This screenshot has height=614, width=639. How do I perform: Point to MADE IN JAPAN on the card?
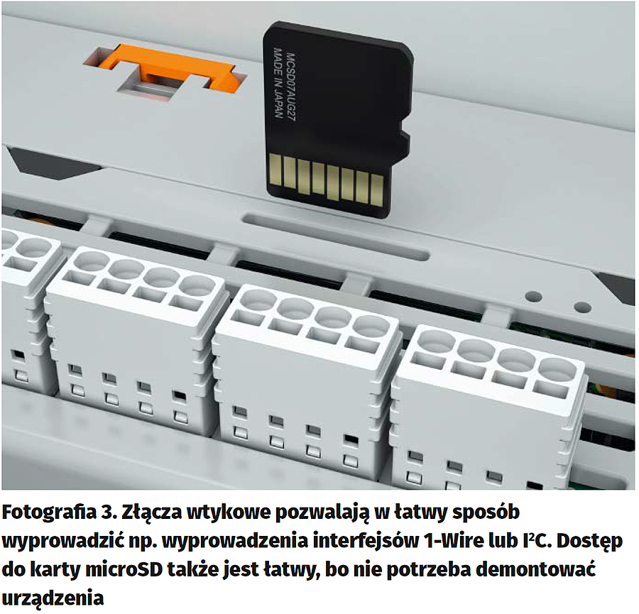[278, 83]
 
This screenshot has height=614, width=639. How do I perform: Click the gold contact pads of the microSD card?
[326, 180]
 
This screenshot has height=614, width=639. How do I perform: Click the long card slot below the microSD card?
[335, 236]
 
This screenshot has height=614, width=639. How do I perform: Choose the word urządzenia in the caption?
[53, 598]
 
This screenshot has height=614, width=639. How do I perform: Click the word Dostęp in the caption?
[590, 542]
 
